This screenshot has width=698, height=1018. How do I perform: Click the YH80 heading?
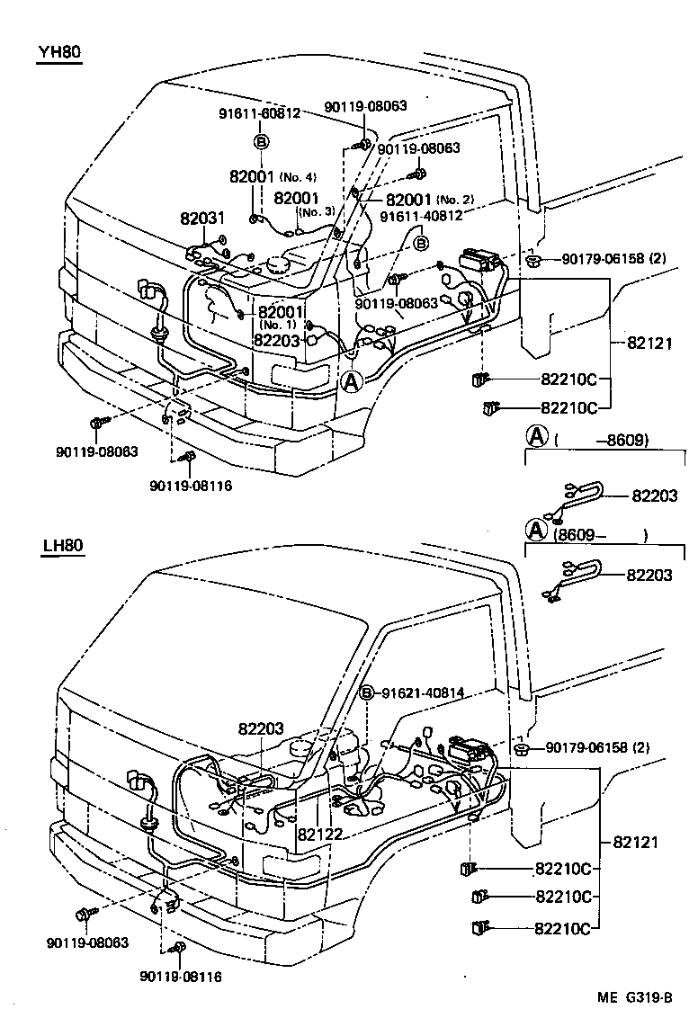point(59,52)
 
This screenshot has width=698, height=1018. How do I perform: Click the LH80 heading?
point(61,547)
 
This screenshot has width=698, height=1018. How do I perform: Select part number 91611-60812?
point(260,113)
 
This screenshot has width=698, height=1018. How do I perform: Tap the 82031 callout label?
point(201,219)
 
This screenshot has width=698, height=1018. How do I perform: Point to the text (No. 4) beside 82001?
point(297,176)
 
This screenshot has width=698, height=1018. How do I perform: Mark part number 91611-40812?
point(420,216)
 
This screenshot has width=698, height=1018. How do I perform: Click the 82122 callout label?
point(320,834)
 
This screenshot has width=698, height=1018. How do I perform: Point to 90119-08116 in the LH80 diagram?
point(181,976)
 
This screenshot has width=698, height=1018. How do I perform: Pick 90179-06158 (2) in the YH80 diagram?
point(613,259)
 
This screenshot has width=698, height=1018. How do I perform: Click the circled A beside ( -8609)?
point(536,437)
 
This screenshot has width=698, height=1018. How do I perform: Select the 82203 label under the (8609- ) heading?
point(649,575)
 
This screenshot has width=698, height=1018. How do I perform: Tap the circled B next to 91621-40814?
point(367,692)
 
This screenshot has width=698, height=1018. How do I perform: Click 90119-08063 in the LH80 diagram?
point(86,942)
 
